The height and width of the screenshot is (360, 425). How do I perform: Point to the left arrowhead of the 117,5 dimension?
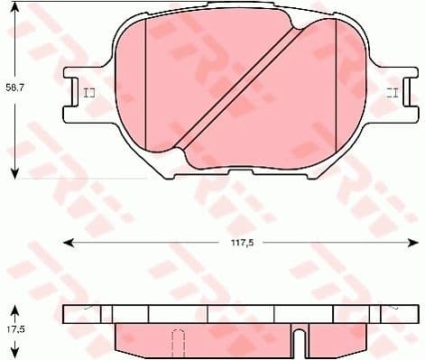click(66, 242)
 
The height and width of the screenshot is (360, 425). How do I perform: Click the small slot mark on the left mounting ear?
click(88, 93)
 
